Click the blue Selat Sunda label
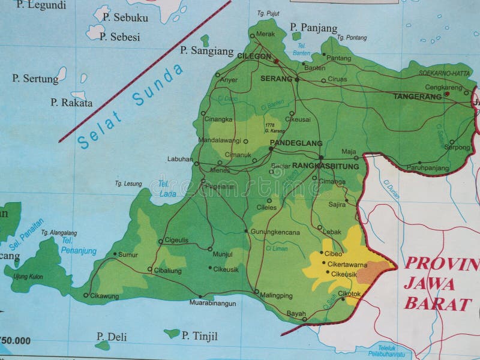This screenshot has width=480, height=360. coord(130,106)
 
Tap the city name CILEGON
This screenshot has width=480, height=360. coord(254,56)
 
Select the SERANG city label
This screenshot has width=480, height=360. coord(275,79)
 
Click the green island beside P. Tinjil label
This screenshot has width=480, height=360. coord(172,332)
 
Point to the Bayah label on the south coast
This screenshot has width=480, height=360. coord(296,314)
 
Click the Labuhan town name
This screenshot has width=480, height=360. coord(180,160)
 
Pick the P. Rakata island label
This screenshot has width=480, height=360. coord(71,103)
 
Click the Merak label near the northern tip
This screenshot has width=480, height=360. coord(265,34)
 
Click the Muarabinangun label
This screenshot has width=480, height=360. coord(213,304)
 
